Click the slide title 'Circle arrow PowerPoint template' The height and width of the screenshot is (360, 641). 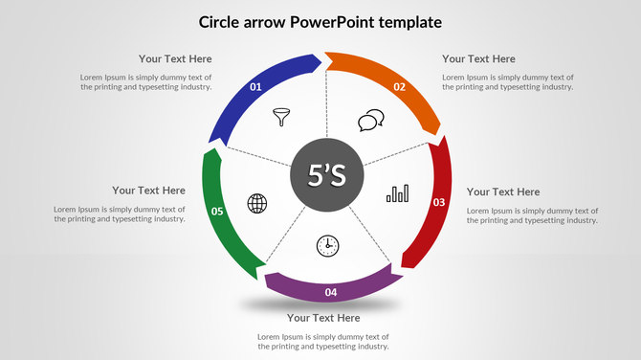coord(320,21)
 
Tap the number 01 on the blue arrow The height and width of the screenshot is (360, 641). coord(255,87)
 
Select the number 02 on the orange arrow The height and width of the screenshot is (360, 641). coord(400,87)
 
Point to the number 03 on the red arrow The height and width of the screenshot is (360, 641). coord(439,202)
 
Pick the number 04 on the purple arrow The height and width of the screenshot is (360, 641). coord(330,292)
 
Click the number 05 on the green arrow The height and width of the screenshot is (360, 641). coord(217,211)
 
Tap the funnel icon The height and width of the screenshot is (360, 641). coord(281,117)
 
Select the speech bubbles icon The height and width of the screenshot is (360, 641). coord(371,121)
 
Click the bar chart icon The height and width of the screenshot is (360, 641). coord(397,194)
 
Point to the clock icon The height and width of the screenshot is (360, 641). coord(327,245)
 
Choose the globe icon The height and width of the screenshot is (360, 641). coord(257,203)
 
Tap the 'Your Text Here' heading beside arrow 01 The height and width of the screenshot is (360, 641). coord(175,58)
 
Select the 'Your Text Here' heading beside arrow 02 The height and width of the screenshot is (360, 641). coord(478,58)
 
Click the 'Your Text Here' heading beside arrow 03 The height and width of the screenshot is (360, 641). coord(503,191)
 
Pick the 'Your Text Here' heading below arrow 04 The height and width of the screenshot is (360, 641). coord(323,317)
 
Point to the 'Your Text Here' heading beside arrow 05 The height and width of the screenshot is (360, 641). coord(148,190)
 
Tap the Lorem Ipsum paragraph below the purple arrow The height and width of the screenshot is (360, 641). coord(323,342)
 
